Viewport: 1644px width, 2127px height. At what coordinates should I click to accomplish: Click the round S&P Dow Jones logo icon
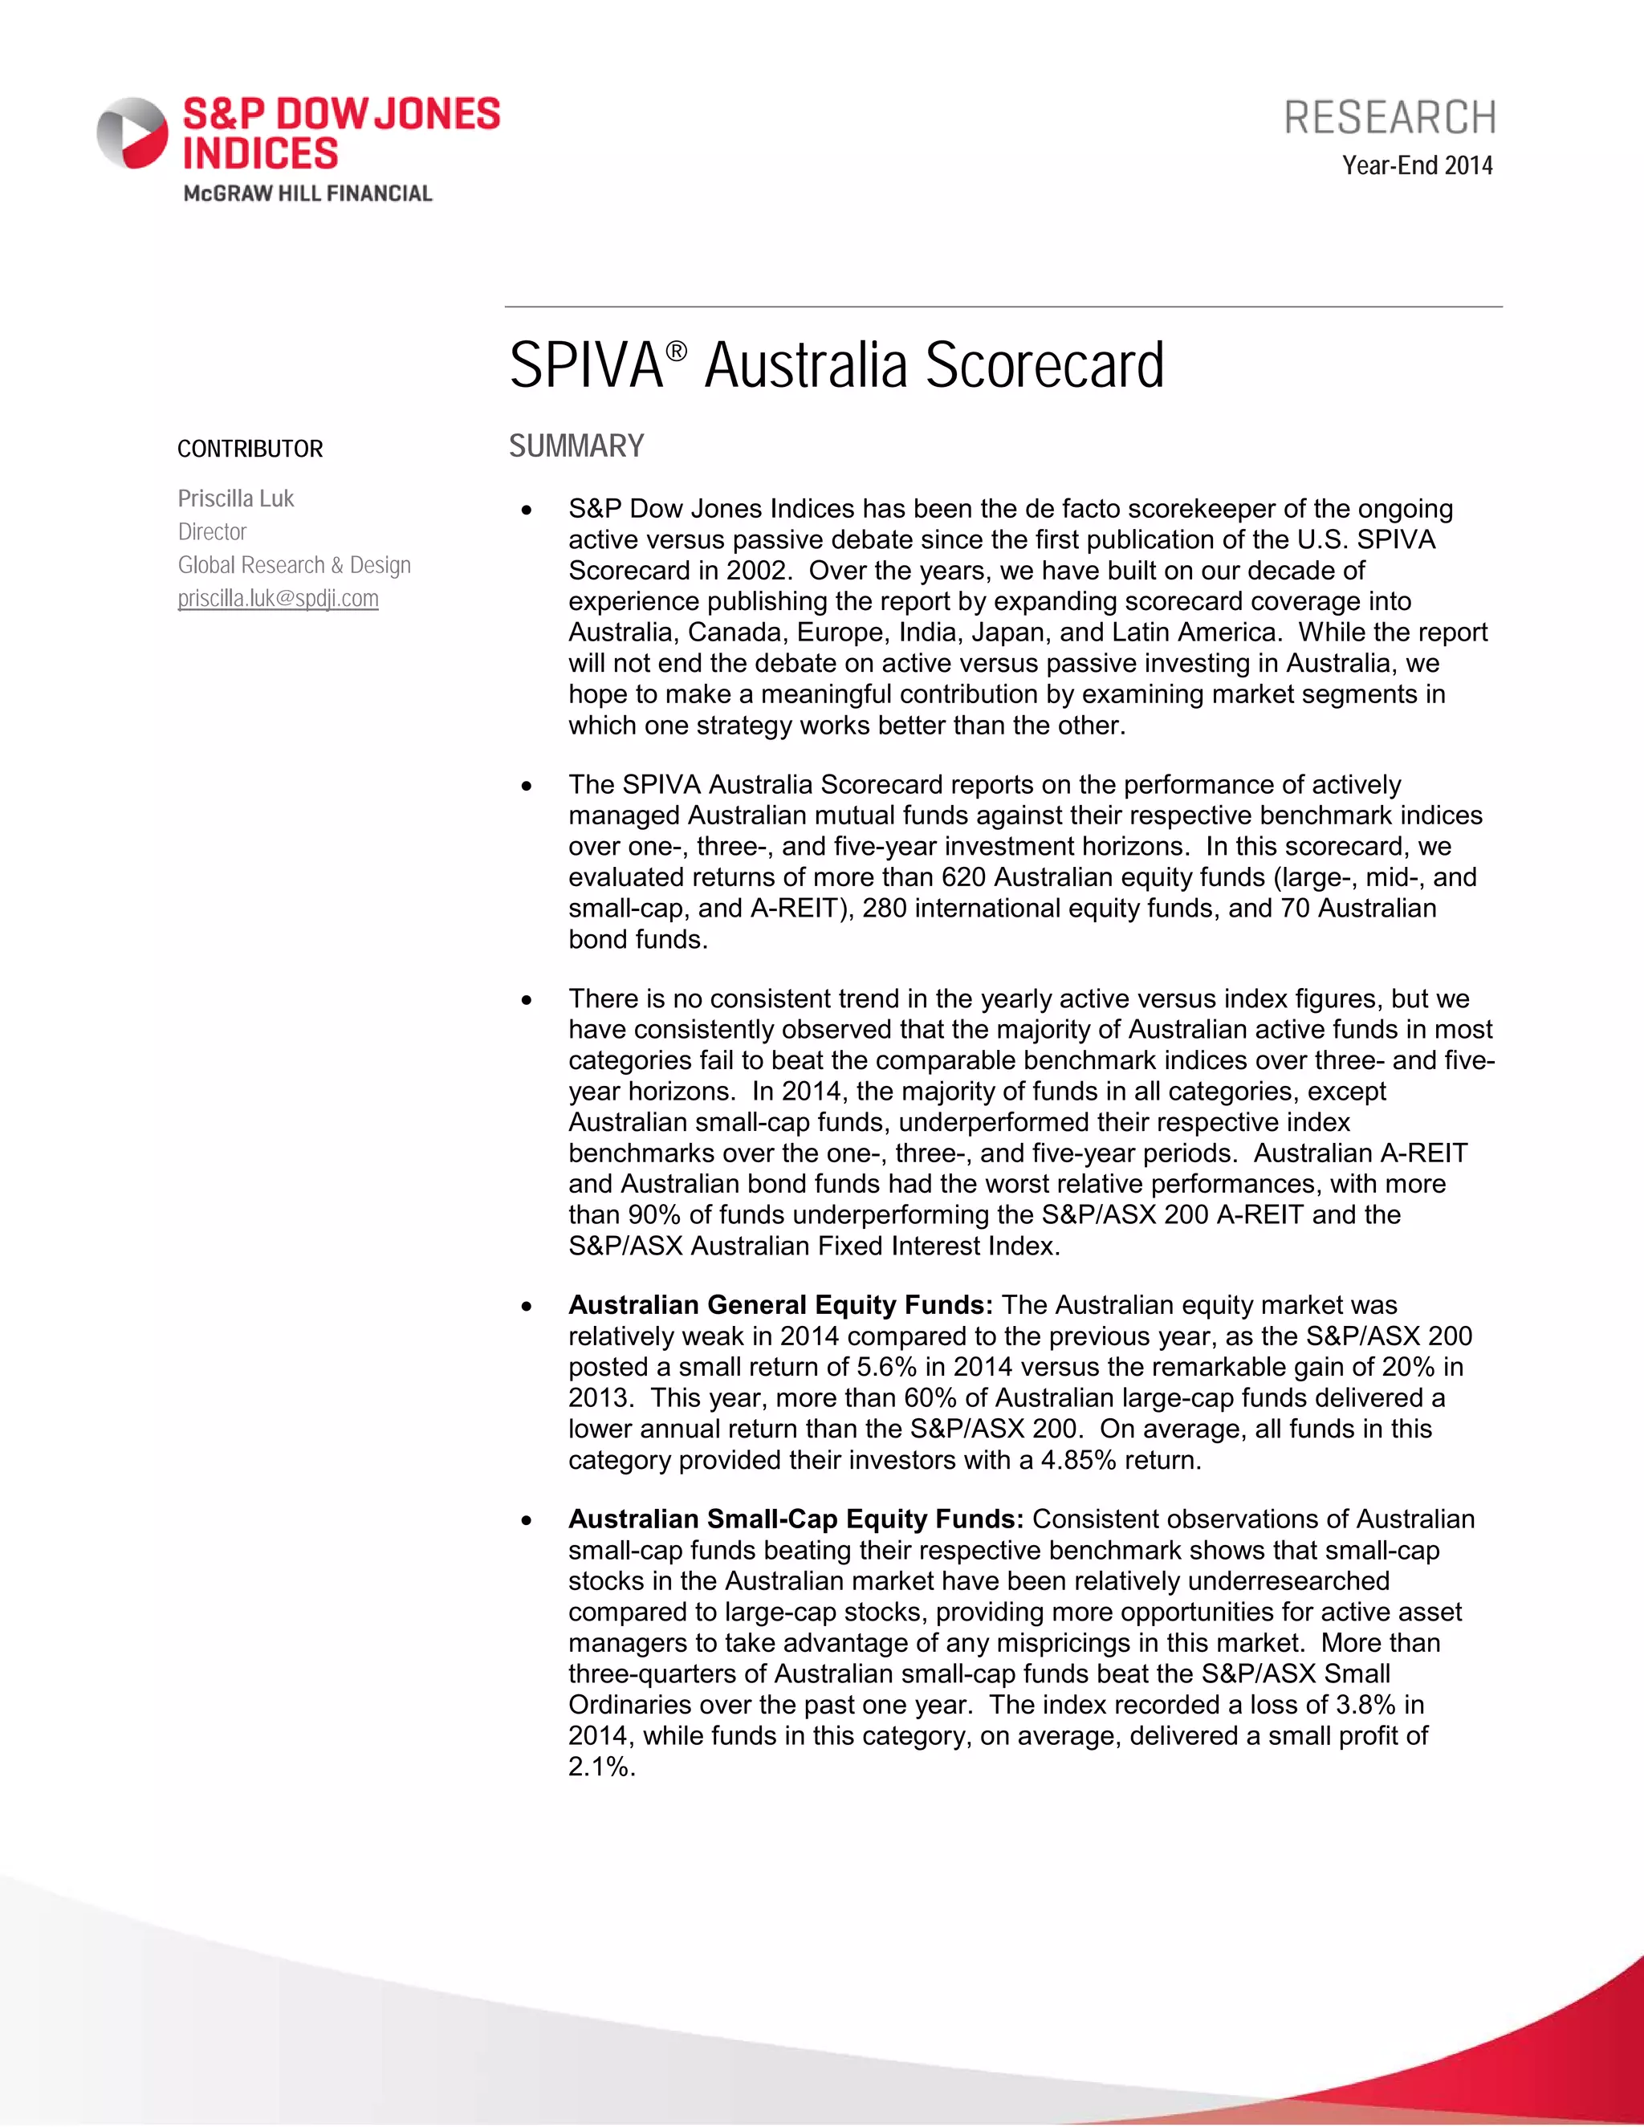click(x=132, y=133)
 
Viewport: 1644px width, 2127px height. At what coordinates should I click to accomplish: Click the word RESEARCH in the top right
click(x=1390, y=118)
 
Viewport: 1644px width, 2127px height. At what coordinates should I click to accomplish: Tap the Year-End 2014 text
click(x=1417, y=165)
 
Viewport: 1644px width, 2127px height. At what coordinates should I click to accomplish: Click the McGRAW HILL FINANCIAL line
click(x=307, y=193)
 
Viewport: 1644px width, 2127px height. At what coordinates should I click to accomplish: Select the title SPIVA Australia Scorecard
click(x=836, y=365)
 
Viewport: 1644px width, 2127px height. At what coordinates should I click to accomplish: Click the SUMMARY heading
click(x=576, y=446)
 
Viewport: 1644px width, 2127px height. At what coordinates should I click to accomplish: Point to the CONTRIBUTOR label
click(x=250, y=449)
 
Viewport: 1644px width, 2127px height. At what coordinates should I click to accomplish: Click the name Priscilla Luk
click(x=236, y=498)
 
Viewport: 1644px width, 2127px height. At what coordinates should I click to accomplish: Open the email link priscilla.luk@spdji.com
click(x=279, y=599)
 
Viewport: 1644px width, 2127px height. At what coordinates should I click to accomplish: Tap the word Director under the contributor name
click(x=212, y=531)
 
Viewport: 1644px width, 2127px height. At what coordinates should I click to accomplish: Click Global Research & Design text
click(x=294, y=565)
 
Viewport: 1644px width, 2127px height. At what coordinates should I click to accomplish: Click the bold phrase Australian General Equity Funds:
click(x=780, y=1305)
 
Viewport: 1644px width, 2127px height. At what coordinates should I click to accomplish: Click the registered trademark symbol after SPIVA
click(x=677, y=350)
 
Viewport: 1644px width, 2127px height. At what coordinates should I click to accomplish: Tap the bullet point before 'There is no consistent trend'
click(x=527, y=1000)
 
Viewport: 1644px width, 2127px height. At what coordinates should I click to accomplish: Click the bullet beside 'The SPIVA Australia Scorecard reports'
click(x=527, y=786)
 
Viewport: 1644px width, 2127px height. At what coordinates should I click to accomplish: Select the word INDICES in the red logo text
click(x=261, y=154)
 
